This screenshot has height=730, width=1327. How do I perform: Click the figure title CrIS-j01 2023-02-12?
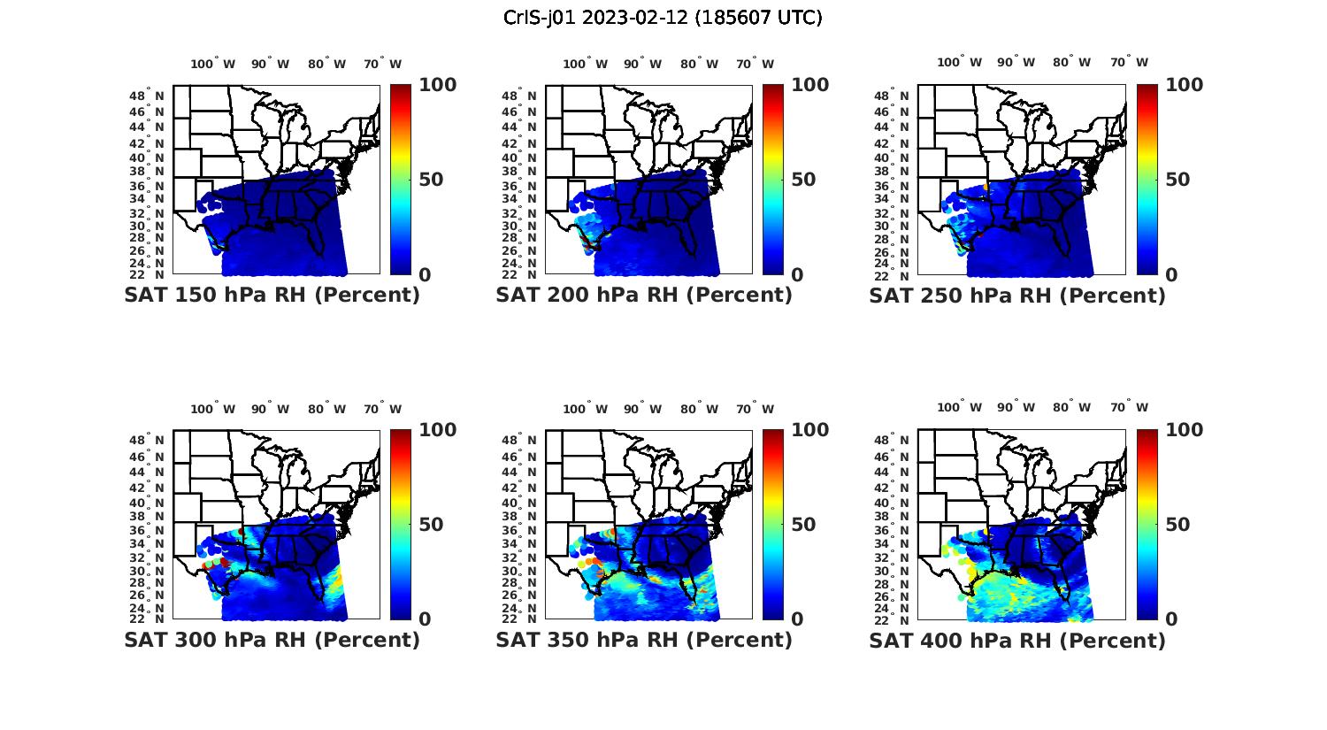coord(663,18)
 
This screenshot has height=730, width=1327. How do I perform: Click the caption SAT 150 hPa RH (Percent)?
coord(272,296)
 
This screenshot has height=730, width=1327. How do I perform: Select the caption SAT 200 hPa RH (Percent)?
coord(644,296)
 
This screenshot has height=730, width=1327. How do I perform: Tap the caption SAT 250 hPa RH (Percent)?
coord(1017,296)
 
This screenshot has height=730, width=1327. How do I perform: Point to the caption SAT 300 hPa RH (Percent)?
coord(272,640)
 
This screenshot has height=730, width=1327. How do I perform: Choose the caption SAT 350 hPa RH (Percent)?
coord(644,640)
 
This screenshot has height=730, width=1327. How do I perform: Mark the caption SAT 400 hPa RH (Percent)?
coord(1017,640)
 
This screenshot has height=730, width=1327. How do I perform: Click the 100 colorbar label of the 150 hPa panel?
coord(437,85)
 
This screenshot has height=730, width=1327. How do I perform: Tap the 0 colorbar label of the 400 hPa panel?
coord(1172,619)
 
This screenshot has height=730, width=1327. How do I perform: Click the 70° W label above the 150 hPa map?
coord(382,64)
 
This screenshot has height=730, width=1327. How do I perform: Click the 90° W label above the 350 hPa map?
coord(642,409)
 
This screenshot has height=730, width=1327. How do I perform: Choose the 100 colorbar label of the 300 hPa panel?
coord(437,430)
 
